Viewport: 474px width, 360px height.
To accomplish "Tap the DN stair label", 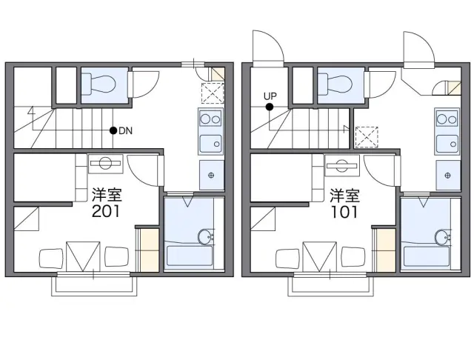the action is pos(125,131).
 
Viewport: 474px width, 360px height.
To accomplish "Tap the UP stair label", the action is pos(270,96).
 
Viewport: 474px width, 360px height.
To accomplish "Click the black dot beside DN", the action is pos(113,130).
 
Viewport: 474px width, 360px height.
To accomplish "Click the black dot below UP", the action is pos(270,107).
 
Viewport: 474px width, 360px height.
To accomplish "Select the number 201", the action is pos(106,211).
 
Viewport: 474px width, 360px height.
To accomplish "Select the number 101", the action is pos(344,212).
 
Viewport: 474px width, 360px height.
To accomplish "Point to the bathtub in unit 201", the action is pos(190,256).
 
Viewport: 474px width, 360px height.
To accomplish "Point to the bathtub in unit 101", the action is pos(427,256).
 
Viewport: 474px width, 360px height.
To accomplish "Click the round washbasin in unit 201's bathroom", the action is pos(205,236).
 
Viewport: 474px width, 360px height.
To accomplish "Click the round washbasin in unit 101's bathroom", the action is pos(442,236).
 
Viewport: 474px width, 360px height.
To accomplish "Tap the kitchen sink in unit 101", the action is pos(447,144).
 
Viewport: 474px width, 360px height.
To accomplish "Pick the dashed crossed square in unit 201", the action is pos(213,93).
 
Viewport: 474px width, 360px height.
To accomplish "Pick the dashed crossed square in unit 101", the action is pos(367,137).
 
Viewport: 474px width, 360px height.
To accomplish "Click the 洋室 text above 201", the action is pos(107,195).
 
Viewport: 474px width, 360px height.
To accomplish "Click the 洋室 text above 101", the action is pos(344,196).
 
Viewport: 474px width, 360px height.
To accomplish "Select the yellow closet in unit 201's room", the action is pos(150,250).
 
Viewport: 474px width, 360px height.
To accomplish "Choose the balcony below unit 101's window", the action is pos(331,286).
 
